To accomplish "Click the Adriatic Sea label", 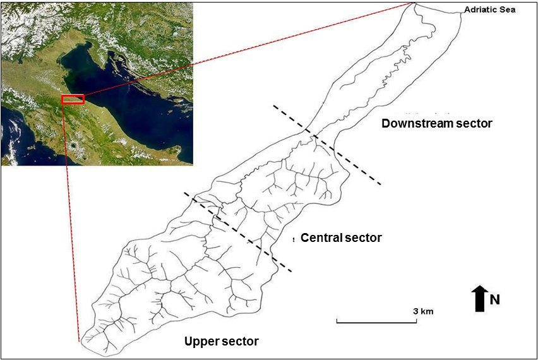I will (490, 9).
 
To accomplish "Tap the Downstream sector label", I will (436, 123).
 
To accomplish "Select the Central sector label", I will (341, 237).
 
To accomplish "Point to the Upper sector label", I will (221, 341).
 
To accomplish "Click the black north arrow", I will (479, 298).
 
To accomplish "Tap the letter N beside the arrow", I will (495, 299).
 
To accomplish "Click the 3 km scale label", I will (423, 311).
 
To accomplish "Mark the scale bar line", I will (376, 322).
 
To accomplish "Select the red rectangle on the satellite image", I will (73, 99).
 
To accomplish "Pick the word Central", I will (321, 237).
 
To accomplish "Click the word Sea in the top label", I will (508, 9).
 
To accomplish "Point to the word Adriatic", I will (481, 9).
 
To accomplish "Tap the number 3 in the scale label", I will (415, 311).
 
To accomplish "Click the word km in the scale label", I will (427, 311).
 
